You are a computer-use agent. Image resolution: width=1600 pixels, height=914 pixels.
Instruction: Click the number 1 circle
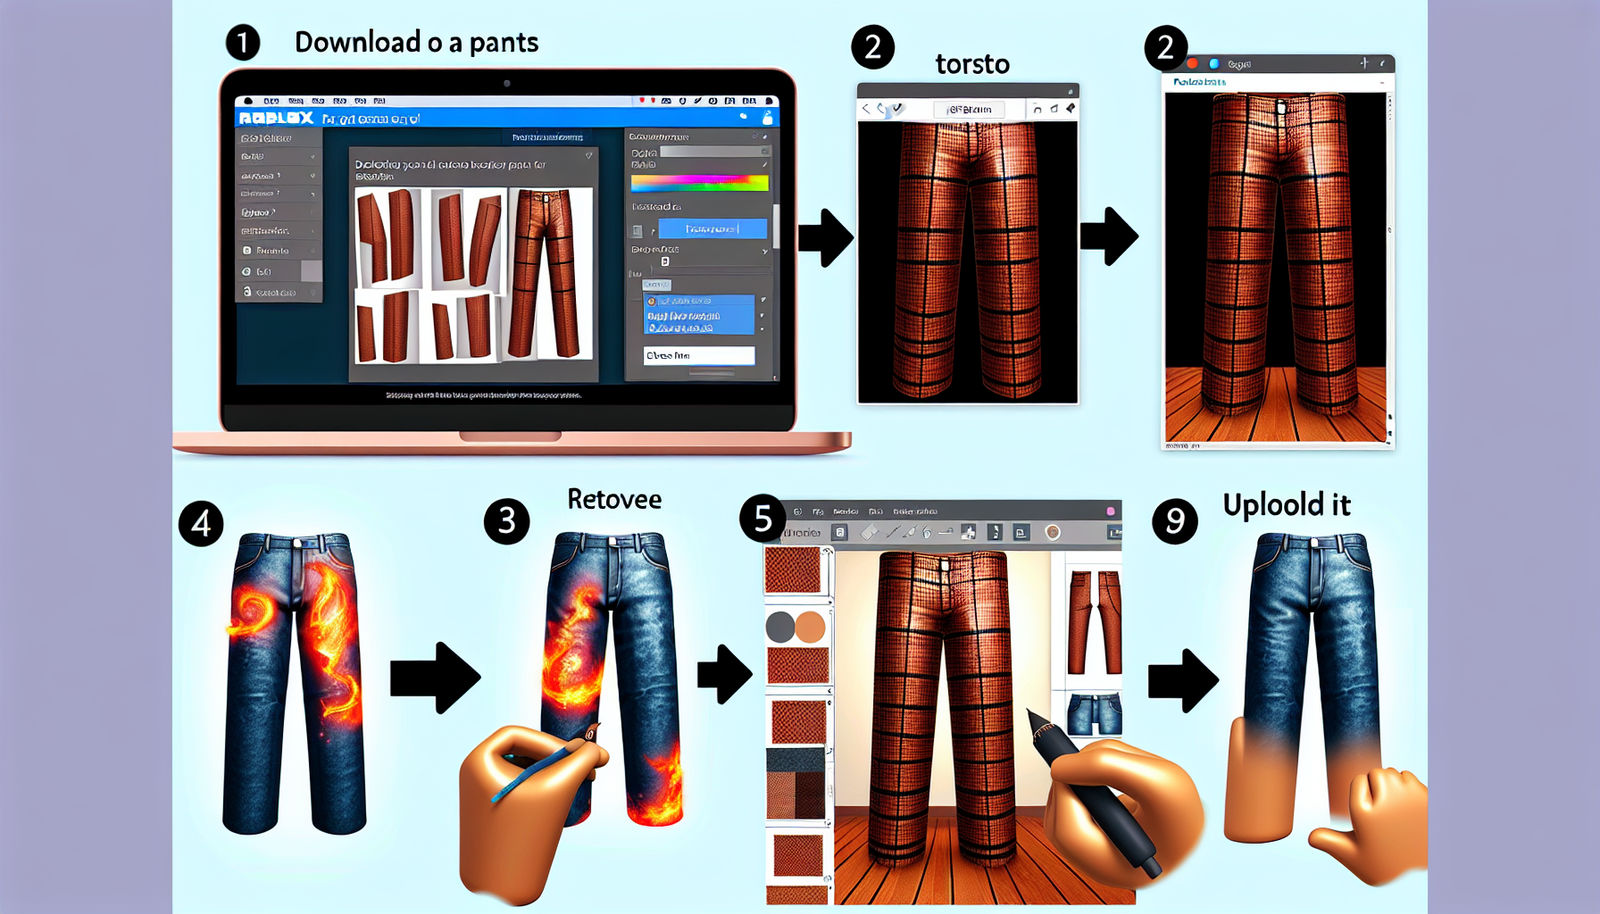[x=242, y=43]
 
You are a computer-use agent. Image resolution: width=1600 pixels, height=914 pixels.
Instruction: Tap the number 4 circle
[x=201, y=523]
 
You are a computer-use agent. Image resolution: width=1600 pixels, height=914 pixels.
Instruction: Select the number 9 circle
[x=1174, y=521]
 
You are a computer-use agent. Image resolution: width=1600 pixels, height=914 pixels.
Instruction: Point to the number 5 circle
[x=762, y=518]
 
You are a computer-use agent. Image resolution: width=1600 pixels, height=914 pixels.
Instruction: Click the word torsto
[x=972, y=65]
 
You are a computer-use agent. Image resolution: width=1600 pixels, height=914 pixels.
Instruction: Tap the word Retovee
[x=614, y=499]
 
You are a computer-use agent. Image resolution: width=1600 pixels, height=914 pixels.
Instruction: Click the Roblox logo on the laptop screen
[x=276, y=118]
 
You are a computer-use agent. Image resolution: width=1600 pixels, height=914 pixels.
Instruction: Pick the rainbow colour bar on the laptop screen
[x=699, y=183]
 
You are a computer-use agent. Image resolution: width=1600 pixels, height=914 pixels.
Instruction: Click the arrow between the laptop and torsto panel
[x=825, y=237]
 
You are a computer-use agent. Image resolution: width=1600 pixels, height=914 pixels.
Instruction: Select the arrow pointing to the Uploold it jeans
[x=1182, y=680]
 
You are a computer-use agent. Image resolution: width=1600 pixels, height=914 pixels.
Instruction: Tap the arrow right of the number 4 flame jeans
[x=434, y=677]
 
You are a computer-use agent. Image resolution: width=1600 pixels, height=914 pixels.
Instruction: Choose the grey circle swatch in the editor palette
[x=780, y=628]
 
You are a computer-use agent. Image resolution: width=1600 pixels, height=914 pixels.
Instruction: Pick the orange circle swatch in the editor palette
[x=810, y=628]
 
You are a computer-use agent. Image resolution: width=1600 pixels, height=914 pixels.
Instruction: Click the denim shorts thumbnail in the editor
[x=1094, y=714]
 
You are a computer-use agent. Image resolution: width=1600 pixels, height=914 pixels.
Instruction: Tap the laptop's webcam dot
[x=507, y=83]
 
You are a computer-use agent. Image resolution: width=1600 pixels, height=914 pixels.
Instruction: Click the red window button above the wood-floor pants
[x=1192, y=64]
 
